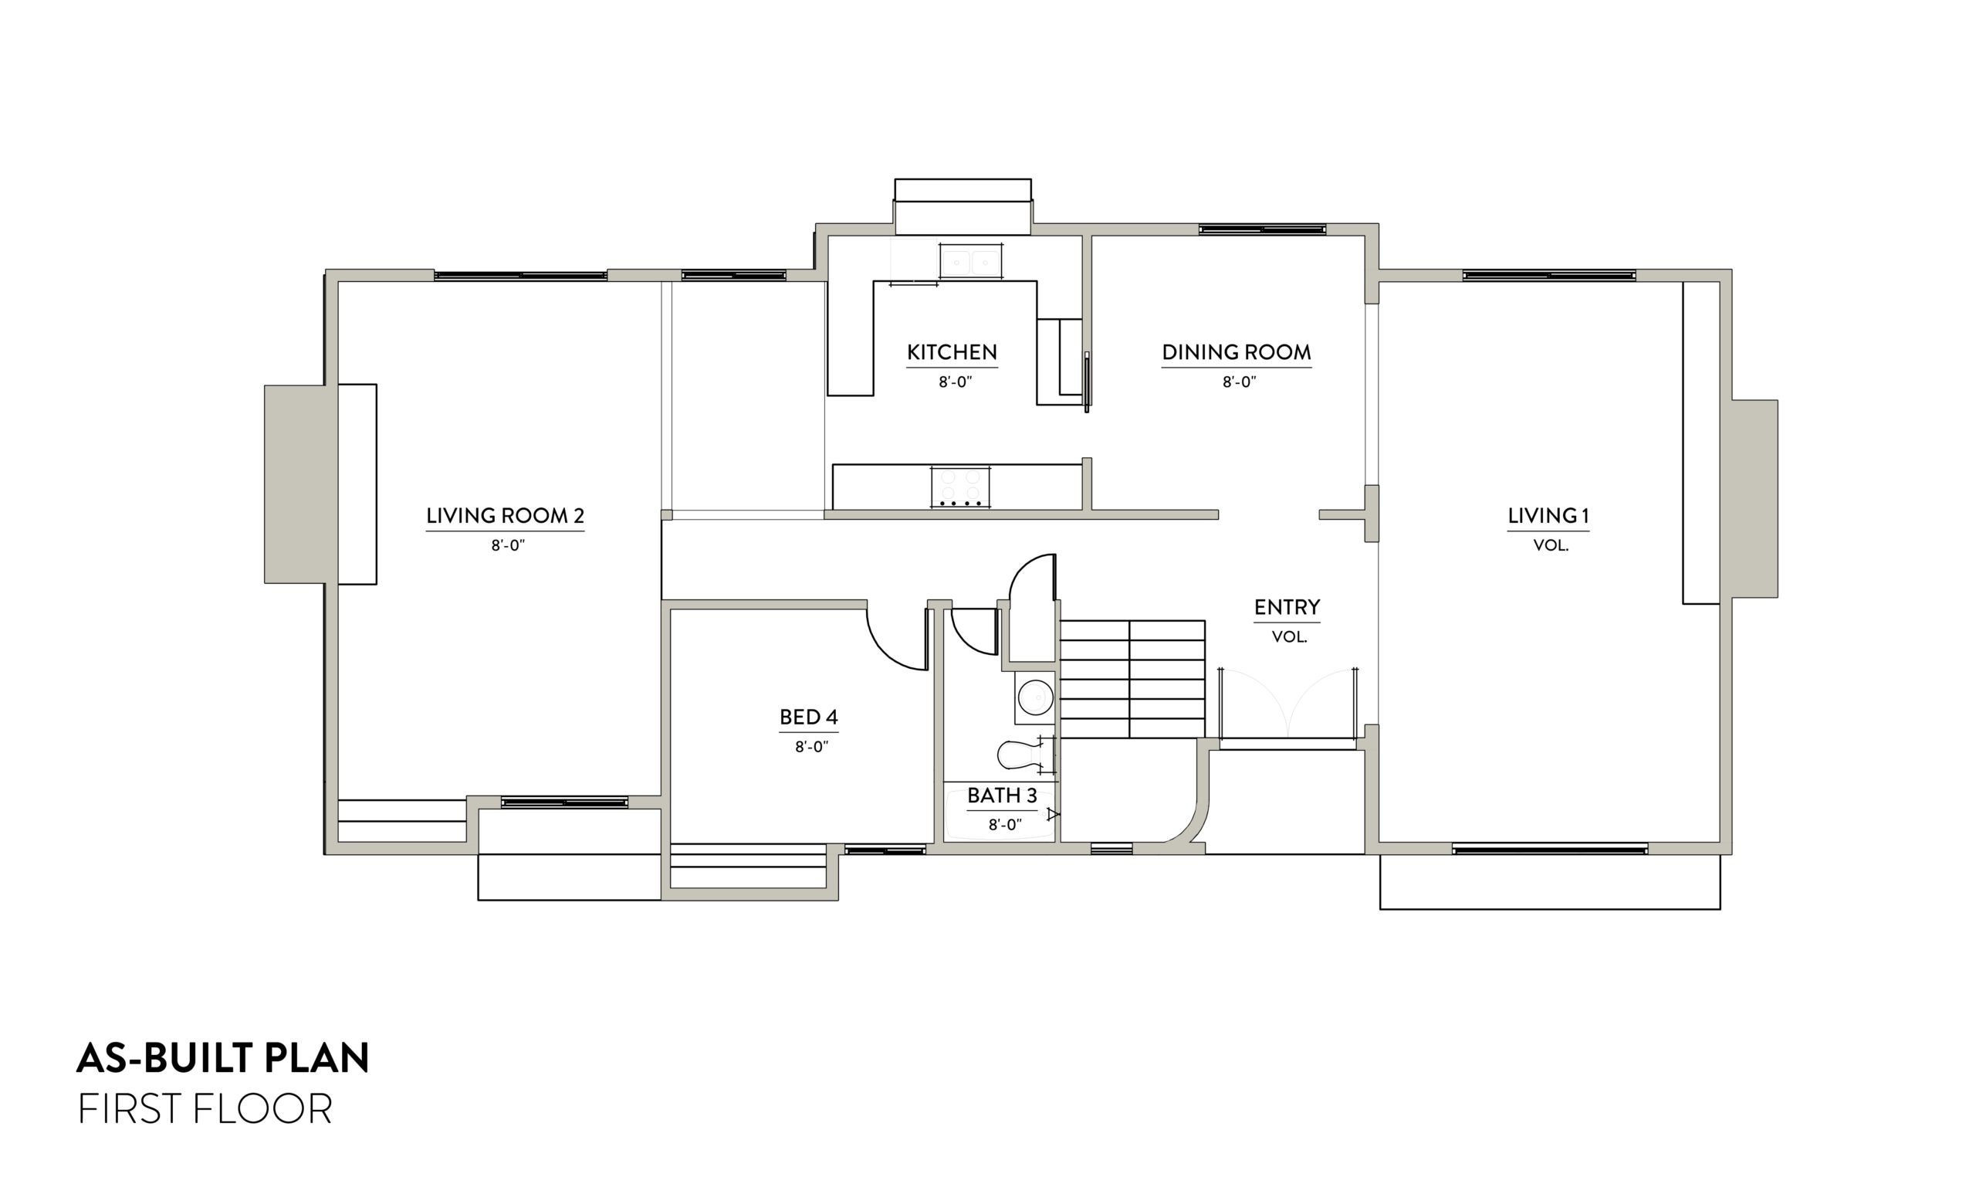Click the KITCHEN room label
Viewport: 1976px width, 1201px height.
click(x=952, y=352)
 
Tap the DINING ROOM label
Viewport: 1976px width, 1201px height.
click(x=1236, y=352)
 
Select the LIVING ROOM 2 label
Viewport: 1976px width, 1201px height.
click(x=505, y=516)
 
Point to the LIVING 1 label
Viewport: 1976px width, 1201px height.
click(x=1548, y=516)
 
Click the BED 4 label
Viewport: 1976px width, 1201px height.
click(x=808, y=718)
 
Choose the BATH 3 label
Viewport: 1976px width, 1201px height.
click(x=1002, y=796)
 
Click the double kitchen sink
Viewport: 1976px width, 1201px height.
click(x=970, y=263)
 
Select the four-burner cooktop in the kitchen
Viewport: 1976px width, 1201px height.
click(x=960, y=486)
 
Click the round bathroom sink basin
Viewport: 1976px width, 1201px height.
click(x=1034, y=697)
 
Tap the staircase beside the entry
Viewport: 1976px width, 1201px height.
click(x=1132, y=679)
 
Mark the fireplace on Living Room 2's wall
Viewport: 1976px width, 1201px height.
click(x=301, y=483)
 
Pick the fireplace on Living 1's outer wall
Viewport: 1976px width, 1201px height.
click(x=1754, y=499)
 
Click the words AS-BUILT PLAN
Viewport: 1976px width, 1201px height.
click(x=222, y=1058)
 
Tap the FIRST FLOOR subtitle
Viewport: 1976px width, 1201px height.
click(x=205, y=1110)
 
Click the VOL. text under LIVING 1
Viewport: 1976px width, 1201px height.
click(x=1550, y=545)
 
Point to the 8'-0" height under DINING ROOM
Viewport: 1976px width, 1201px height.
click(x=1238, y=382)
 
